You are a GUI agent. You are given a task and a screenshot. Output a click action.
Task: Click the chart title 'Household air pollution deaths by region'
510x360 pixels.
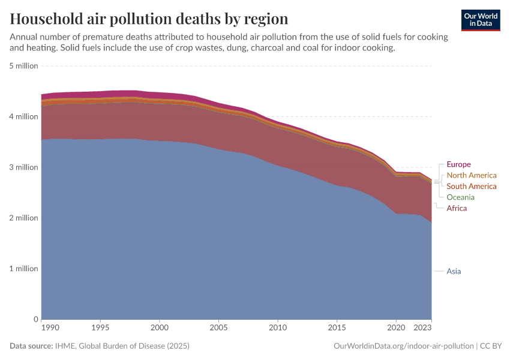click(149, 19)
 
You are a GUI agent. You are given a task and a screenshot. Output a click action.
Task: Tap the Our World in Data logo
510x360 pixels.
click(480, 20)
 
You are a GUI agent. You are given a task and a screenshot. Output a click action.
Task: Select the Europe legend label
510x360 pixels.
click(458, 164)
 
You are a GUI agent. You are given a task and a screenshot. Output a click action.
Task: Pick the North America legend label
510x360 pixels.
click(472, 175)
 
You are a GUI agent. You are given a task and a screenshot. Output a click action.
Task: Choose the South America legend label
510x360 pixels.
click(472, 186)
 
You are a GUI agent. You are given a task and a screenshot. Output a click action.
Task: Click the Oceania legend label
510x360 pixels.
click(460, 197)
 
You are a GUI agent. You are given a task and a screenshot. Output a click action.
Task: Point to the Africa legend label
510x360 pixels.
click(457, 208)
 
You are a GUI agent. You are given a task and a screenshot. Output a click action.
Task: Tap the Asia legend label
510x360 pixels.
click(454, 271)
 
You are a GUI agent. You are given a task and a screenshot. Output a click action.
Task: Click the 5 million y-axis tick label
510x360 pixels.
click(24, 66)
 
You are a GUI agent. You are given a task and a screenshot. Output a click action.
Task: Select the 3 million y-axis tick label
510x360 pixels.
click(24, 167)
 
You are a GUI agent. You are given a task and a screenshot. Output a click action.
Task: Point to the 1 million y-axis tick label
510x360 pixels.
click(24, 269)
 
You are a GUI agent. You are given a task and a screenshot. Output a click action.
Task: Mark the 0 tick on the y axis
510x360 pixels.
click(36, 319)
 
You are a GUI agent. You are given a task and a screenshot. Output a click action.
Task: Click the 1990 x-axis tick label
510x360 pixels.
click(50, 328)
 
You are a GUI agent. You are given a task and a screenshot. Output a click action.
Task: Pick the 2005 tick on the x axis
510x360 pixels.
click(218, 328)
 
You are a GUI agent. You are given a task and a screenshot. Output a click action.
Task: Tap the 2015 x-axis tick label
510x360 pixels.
click(337, 328)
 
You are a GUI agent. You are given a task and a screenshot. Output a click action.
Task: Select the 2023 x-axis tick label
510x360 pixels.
click(422, 328)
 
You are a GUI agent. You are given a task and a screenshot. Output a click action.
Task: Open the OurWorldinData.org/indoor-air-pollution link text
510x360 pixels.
click(403, 346)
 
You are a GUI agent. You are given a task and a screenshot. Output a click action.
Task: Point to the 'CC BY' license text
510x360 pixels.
click(491, 346)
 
